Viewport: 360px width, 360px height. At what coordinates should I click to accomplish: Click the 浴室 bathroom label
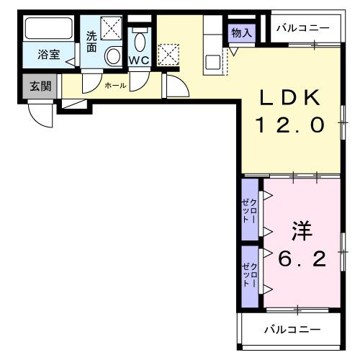click(48, 54)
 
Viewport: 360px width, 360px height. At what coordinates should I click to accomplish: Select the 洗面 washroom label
click(91, 40)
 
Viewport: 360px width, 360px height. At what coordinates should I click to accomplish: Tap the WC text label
click(139, 60)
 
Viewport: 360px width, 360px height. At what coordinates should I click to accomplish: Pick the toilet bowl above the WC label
click(140, 40)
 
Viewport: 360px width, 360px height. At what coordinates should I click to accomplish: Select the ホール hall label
click(115, 86)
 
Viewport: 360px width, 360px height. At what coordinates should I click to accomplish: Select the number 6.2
click(302, 258)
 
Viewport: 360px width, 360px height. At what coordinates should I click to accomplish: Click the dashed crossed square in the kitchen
click(169, 54)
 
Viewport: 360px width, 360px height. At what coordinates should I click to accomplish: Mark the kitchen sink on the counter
click(213, 61)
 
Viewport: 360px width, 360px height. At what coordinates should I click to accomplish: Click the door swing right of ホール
click(177, 86)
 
